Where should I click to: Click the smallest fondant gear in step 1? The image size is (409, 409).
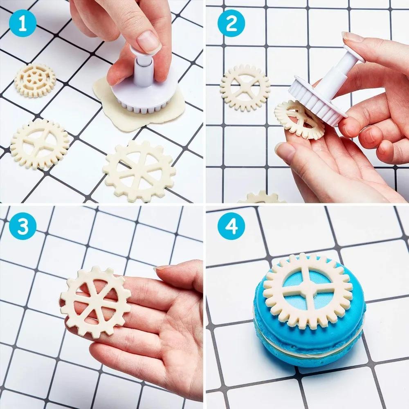point(35,80)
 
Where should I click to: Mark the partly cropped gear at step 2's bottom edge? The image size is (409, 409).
point(262,198)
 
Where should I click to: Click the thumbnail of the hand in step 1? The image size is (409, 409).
point(148,42)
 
